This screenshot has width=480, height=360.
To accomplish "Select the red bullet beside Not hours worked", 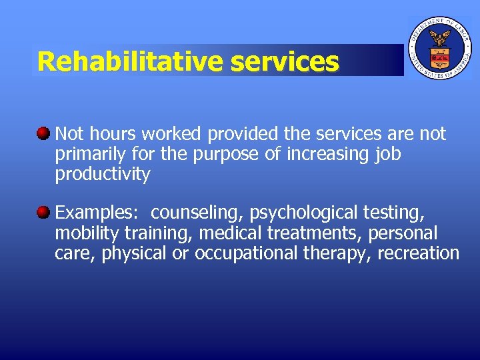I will pyautogui.click(x=43, y=133).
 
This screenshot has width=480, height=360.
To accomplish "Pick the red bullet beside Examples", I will pyautogui.click(x=43, y=212).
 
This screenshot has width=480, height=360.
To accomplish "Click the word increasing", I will pyautogui.click(x=318, y=154).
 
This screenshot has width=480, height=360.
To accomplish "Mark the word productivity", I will pyautogui.click(x=103, y=175).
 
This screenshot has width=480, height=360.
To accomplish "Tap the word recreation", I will pyautogui.click(x=419, y=253).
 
